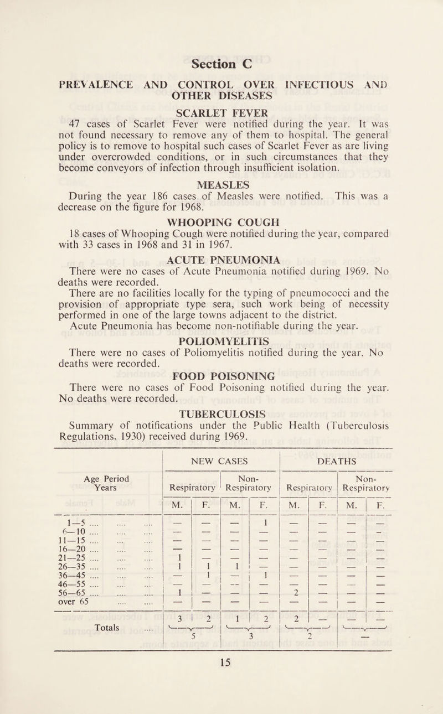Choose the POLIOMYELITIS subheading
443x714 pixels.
pos(221,369)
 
